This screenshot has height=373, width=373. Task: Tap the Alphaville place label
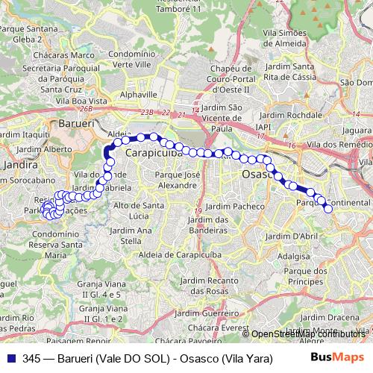click(139, 95)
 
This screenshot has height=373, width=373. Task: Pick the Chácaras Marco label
click(67, 55)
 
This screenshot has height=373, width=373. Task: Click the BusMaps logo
click(333, 357)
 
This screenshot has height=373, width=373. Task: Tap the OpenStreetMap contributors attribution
click(308, 333)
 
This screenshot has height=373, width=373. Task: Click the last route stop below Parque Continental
click(327, 208)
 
